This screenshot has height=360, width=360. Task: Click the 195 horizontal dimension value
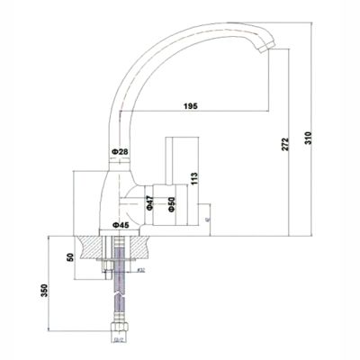[x=190, y=107]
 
